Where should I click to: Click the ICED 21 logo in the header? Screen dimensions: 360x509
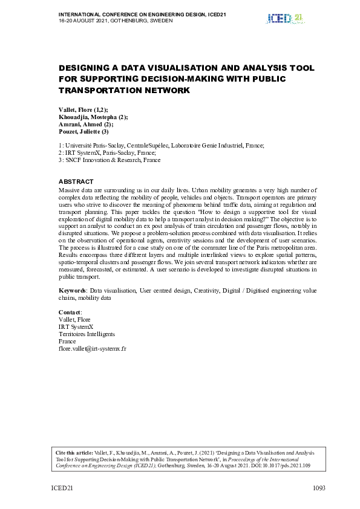[284, 18]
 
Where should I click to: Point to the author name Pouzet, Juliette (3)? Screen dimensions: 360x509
[83, 131]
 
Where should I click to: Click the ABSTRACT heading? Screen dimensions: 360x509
[76, 181]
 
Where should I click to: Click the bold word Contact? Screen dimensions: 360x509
[69, 312]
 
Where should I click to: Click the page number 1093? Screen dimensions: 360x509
[320, 488]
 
